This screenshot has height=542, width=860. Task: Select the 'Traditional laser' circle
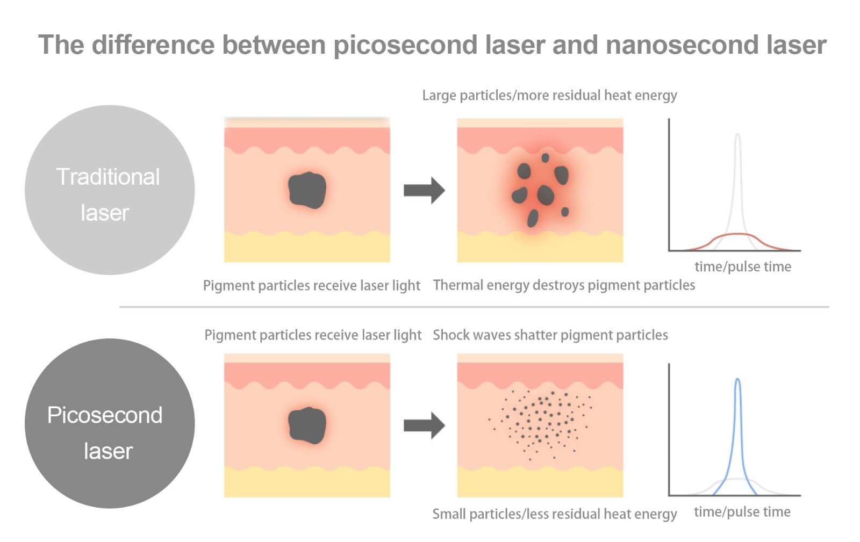109,190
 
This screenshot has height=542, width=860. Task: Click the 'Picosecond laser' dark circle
109,423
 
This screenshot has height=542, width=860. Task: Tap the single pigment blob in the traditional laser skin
307,190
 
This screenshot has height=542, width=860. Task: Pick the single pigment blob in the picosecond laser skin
307,425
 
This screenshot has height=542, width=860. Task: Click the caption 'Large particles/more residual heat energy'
549,96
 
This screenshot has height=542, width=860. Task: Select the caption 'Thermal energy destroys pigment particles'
564,285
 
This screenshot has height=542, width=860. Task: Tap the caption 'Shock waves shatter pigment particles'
550,335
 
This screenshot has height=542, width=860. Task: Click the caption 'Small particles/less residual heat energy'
554,514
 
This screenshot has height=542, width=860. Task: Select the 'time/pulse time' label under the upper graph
742,266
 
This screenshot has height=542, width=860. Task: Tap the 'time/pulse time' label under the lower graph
742,512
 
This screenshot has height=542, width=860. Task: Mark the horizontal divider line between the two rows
473,307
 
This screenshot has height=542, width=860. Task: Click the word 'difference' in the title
153,46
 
